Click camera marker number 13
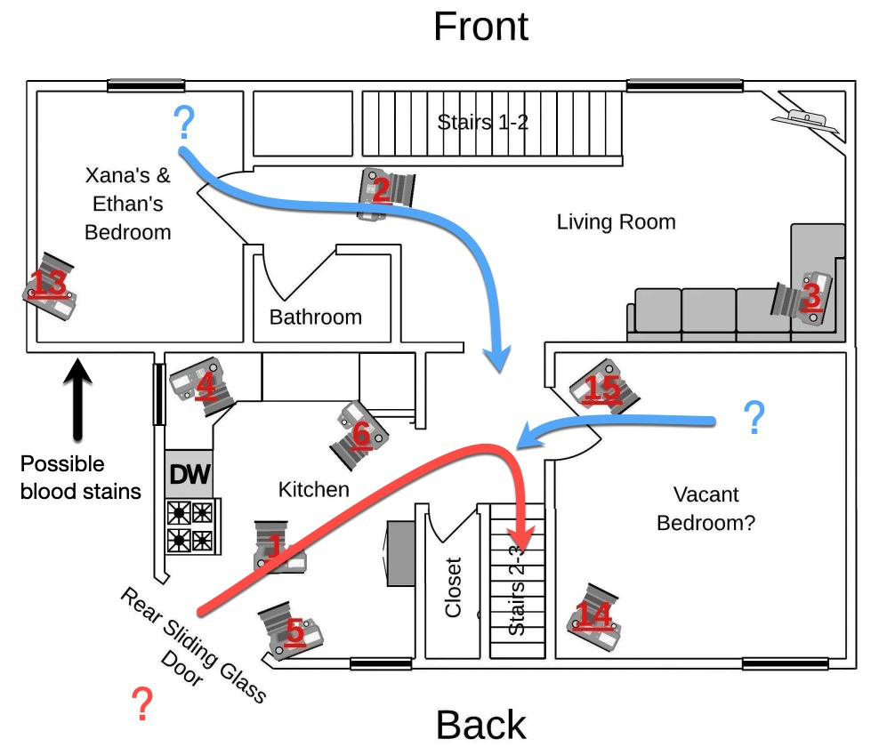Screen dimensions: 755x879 point(50,287)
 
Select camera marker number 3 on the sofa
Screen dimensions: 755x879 point(806,297)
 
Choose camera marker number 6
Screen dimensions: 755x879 point(359,432)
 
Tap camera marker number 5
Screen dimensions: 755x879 point(290,630)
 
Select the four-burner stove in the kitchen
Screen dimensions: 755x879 point(191,526)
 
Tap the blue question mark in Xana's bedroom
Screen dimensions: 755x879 point(184,123)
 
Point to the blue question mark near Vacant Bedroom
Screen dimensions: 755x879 point(754,417)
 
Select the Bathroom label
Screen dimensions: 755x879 point(316,317)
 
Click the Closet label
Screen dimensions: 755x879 point(453,587)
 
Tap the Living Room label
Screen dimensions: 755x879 point(616,221)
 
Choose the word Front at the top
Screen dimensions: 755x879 point(480,27)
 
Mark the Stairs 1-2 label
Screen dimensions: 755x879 point(483,122)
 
